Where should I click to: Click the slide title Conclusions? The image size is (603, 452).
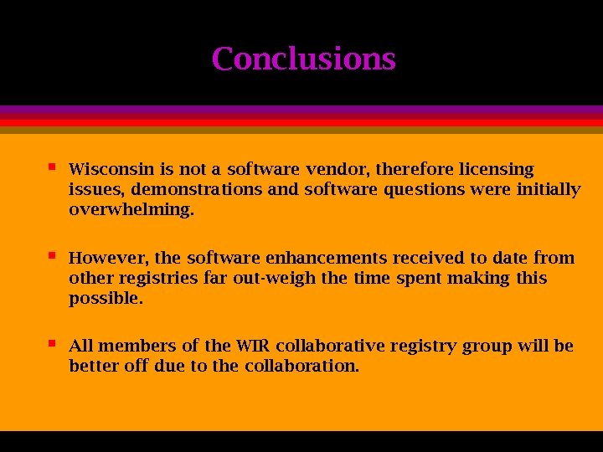click(303, 59)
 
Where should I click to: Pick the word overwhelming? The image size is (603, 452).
click(131, 210)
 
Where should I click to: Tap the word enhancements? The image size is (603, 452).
click(327, 258)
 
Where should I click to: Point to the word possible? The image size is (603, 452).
click(106, 298)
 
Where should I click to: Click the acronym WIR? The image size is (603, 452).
click(253, 346)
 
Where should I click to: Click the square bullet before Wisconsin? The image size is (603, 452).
click(52, 167)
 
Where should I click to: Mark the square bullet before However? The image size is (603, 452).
click(52, 254)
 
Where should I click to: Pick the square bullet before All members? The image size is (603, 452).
click(52, 342)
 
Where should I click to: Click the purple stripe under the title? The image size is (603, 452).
click(301, 110)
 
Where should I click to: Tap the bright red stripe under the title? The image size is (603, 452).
click(301, 122)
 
